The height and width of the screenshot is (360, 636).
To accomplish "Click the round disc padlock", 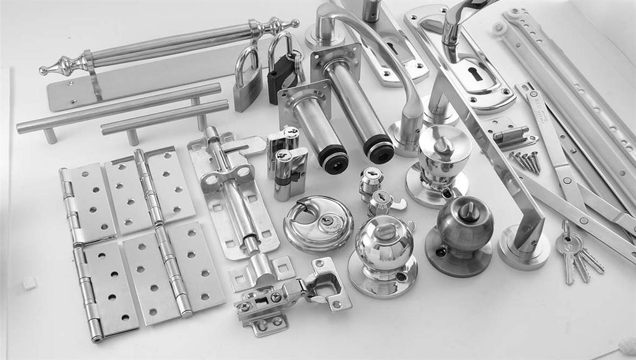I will [x=315, y=222].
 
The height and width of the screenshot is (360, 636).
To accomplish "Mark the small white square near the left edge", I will [x=29, y=282].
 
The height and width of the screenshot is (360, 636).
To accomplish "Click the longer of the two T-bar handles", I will [x=119, y=109].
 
